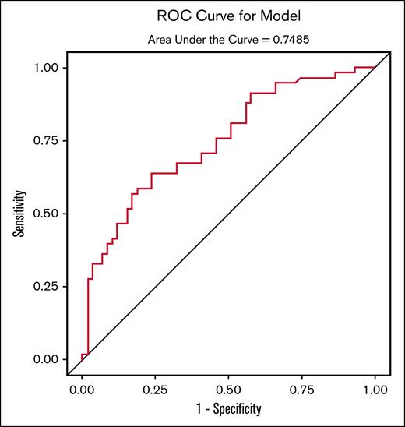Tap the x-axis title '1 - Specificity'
228,408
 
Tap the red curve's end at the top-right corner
375,68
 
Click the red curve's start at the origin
82,358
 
